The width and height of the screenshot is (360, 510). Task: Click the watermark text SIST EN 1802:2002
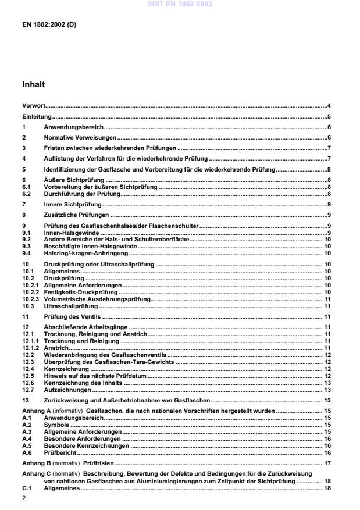pos(180,4)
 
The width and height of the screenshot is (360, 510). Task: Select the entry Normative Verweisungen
pos(80,137)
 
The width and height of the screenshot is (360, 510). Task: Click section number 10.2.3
pos(30,298)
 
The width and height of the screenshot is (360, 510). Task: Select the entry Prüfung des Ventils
pos(72,317)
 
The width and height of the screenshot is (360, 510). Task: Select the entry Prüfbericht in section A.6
pos(60,452)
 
